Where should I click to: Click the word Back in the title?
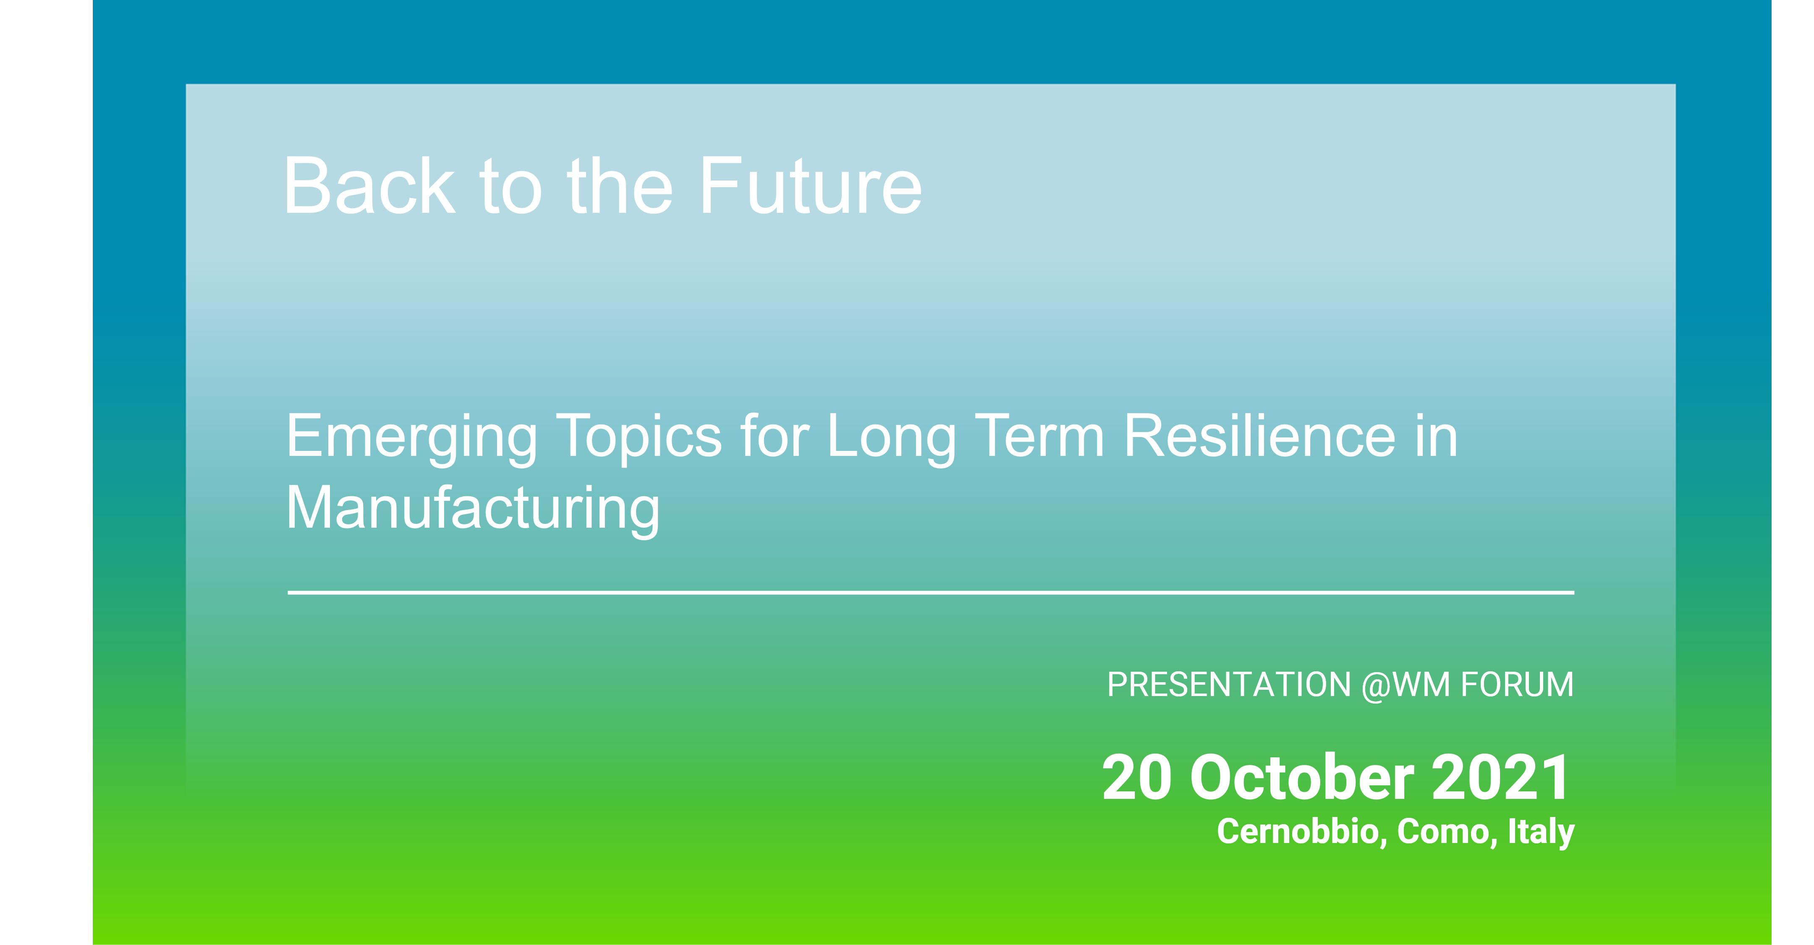(370, 186)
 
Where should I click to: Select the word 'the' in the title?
(620, 186)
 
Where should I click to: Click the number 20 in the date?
(1136, 777)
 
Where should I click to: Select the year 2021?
(1500, 777)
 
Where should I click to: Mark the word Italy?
(1541, 833)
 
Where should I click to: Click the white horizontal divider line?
(931, 593)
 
